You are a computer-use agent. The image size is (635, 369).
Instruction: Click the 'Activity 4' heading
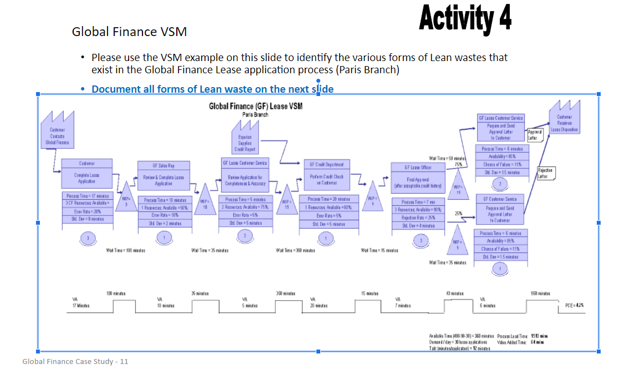pyautogui.click(x=465, y=18)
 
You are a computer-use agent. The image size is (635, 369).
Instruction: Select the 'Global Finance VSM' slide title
pyautogui.click(x=129, y=32)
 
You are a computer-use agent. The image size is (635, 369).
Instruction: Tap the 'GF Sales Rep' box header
pyautogui.click(x=163, y=165)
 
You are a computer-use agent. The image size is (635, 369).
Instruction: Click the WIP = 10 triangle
pyautogui.click(x=205, y=202)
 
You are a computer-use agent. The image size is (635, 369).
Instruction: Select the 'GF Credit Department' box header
pyautogui.click(x=326, y=164)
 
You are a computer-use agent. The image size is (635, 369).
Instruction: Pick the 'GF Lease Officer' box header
pyautogui.click(x=418, y=167)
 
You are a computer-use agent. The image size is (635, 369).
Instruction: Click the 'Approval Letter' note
pyautogui.click(x=536, y=134)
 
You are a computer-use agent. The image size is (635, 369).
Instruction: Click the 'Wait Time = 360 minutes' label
pyautogui.click(x=295, y=251)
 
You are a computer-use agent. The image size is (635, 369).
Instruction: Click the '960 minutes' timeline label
pyautogui.click(x=540, y=293)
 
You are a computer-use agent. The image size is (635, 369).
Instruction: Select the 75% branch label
pyautogui.click(x=458, y=164)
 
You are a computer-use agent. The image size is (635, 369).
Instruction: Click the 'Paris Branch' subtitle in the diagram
pyautogui.click(x=255, y=115)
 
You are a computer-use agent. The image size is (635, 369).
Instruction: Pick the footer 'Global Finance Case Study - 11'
pyautogui.click(x=75, y=361)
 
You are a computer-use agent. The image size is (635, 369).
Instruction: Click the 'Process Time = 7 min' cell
pyautogui.click(x=418, y=202)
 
